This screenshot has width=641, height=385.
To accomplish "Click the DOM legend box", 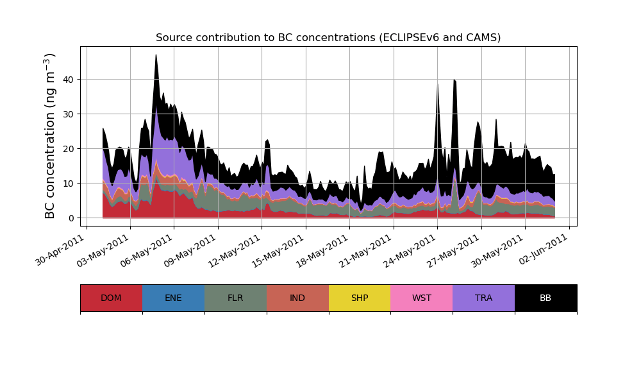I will click(x=111, y=298).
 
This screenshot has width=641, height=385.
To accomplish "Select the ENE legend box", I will click(x=173, y=298).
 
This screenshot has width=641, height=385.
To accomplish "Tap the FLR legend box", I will click(x=235, y=298).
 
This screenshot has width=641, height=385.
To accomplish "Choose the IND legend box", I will click(x=297, y=298).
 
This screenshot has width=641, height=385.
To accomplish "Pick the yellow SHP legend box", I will click(x=360, y=298).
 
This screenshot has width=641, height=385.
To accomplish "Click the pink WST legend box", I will click(x=422, y=298).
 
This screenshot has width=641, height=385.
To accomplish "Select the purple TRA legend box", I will click(x=484, y=298).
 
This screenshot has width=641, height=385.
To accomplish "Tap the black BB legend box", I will click(x=545, y=298).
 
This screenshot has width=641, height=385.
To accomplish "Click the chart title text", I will click(x=328, y=38).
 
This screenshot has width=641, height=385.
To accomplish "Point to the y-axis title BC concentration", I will click(x=51, y=136).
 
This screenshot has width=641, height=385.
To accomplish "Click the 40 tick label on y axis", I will click(x=67, y=80).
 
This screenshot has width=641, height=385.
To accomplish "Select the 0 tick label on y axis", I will click(x=71, y=218).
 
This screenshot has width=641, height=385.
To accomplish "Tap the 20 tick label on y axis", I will click(x=67, y=149).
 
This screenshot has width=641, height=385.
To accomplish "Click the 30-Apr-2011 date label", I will click(x=60, y=250).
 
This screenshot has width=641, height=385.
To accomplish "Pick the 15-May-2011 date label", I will click(x=279, y=250).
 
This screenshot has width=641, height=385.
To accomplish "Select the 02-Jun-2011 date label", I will click(x=543, y=250).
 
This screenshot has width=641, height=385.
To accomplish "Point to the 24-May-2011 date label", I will click(x=411, y=250).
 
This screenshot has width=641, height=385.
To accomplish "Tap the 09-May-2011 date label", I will click(x=192, y=250).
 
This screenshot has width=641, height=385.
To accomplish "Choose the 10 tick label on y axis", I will click(x=67, y=184).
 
